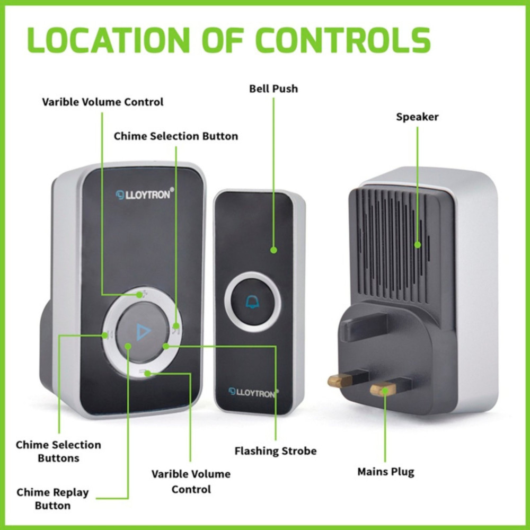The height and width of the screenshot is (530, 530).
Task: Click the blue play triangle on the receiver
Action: click(x=143, y=332)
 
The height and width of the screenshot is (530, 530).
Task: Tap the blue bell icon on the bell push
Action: click(x=252, y=302)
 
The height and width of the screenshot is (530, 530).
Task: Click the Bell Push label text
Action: click(x=273, y=89)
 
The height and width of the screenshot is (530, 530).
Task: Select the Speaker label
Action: click(x=417, y=117)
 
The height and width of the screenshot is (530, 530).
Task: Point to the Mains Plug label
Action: click(x=386, y=472)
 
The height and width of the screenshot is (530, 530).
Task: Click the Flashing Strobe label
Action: click(x=276, y=451)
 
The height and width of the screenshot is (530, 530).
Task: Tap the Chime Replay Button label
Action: click(x=52, y=499)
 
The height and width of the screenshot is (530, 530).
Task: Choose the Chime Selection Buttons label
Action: click(x=58, y=451)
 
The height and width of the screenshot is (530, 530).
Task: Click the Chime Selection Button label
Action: click(x=176, y=136)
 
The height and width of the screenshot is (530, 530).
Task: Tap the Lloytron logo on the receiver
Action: click(x=145, y=194)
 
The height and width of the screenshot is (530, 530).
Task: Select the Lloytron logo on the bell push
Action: click(x=253, y=393)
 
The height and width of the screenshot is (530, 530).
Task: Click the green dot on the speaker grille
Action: click(x=418, y=245)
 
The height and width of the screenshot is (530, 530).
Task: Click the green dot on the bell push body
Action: click(x=274, y=250)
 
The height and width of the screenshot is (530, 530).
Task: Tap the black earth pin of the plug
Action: click(x=364, y=324)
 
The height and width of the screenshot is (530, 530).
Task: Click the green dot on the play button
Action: click(x=128, y=346)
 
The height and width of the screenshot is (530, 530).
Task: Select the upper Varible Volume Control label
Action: click(x=102, y=102)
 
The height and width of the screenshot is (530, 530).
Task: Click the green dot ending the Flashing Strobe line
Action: click(x=165, y=346)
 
